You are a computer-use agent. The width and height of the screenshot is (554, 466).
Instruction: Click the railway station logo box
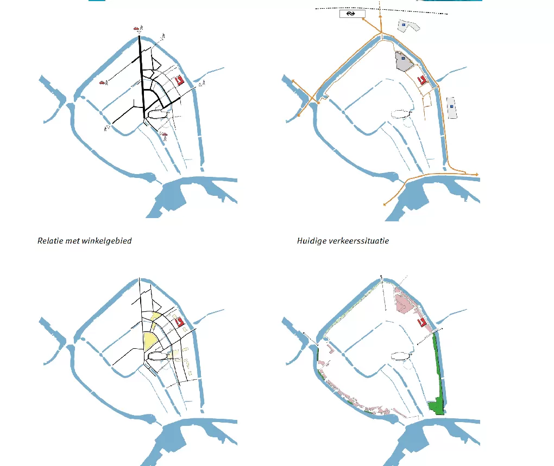pos(352,14)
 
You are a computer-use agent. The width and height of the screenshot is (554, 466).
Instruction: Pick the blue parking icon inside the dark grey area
pos(403,58)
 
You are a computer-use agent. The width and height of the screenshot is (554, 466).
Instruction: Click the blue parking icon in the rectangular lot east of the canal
pos(451,106)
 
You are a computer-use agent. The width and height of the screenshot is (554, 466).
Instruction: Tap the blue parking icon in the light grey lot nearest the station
pos(404,25)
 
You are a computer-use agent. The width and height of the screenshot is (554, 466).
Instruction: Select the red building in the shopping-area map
pos(180,80)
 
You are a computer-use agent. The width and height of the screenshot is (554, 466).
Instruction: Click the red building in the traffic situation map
pos(422,80)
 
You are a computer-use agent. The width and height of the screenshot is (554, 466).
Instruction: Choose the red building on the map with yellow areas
pos(180,322)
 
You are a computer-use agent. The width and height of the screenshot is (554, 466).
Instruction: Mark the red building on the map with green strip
pos(421,322)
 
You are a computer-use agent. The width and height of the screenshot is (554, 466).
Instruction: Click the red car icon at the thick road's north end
pos(136,28)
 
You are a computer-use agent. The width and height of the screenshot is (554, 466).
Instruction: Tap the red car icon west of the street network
pos(102,82)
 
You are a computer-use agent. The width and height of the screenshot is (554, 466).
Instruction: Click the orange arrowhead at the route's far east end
pos(477,175)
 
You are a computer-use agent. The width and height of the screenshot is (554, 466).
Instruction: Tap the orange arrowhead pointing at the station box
pos(363,19)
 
